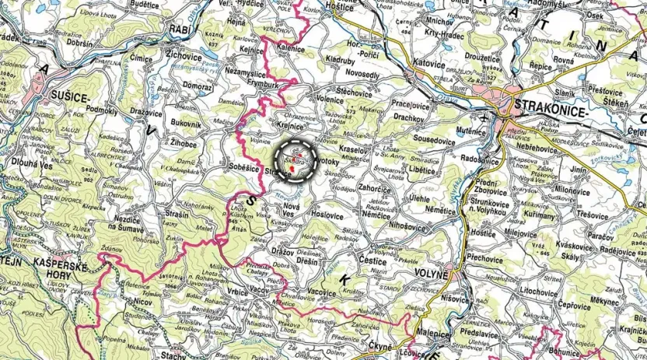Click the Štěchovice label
coord(354,92)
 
